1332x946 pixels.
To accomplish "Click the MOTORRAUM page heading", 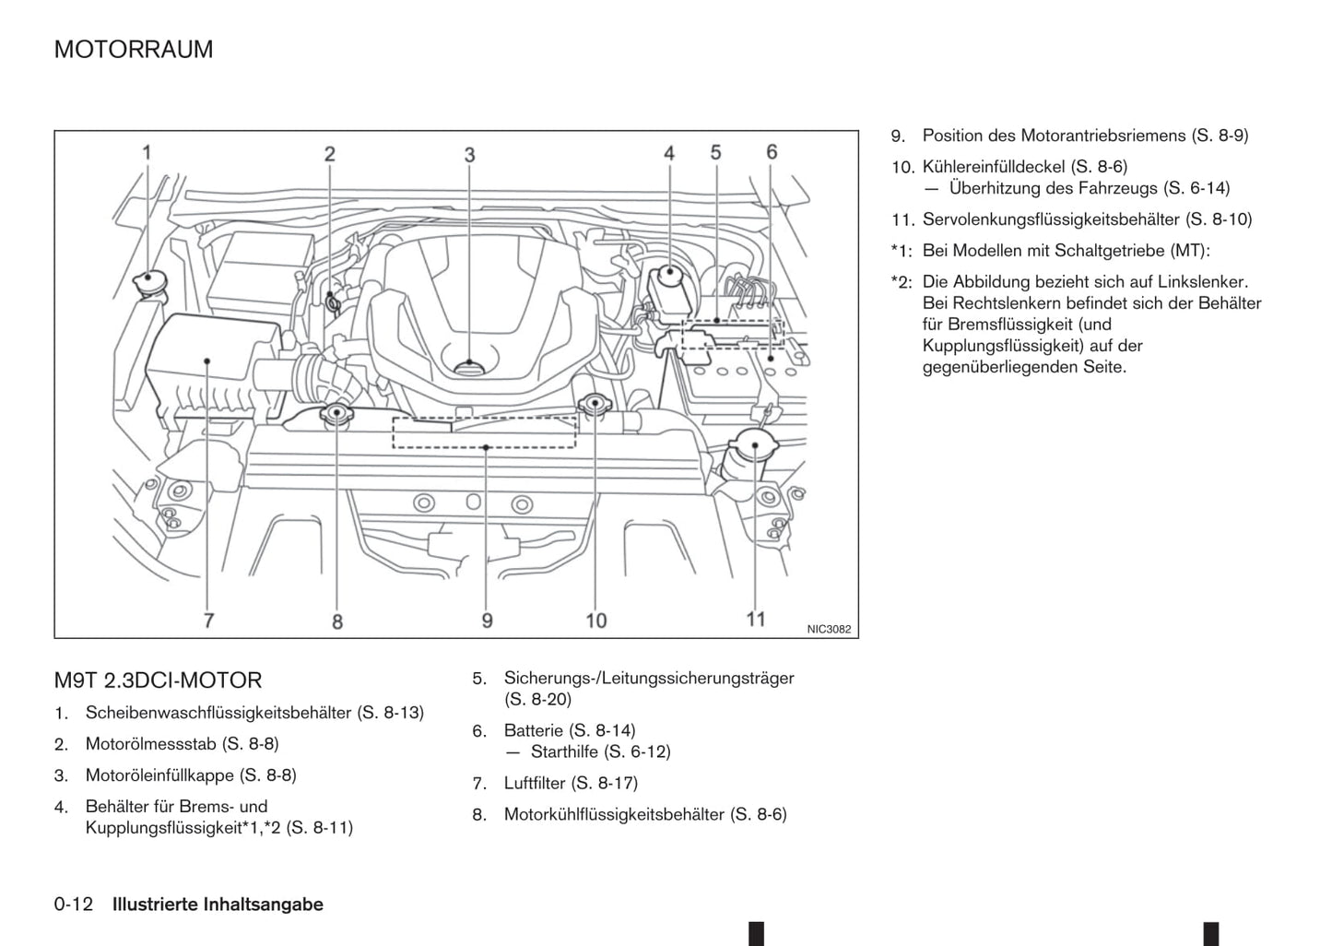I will [134, 49].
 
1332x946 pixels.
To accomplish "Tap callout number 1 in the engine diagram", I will [147, 152].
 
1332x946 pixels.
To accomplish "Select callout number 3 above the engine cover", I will [469, 154].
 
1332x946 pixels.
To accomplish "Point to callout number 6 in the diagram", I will [772, 152].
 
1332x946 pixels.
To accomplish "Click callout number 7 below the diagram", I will [208, 620].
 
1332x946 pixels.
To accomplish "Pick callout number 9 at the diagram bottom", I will [487, 620].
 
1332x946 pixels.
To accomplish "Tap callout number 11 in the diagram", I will [756, 619].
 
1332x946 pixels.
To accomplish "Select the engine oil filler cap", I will [469, 366].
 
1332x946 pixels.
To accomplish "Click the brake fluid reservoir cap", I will [669, 275].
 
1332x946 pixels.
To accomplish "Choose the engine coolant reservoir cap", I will [336, 414].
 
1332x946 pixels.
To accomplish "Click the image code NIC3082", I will [829, 630].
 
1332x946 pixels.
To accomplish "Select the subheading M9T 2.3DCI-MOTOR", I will [158, 680].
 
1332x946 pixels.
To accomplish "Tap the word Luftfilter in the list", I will [535, 783].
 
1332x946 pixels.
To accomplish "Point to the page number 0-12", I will [74, 905].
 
